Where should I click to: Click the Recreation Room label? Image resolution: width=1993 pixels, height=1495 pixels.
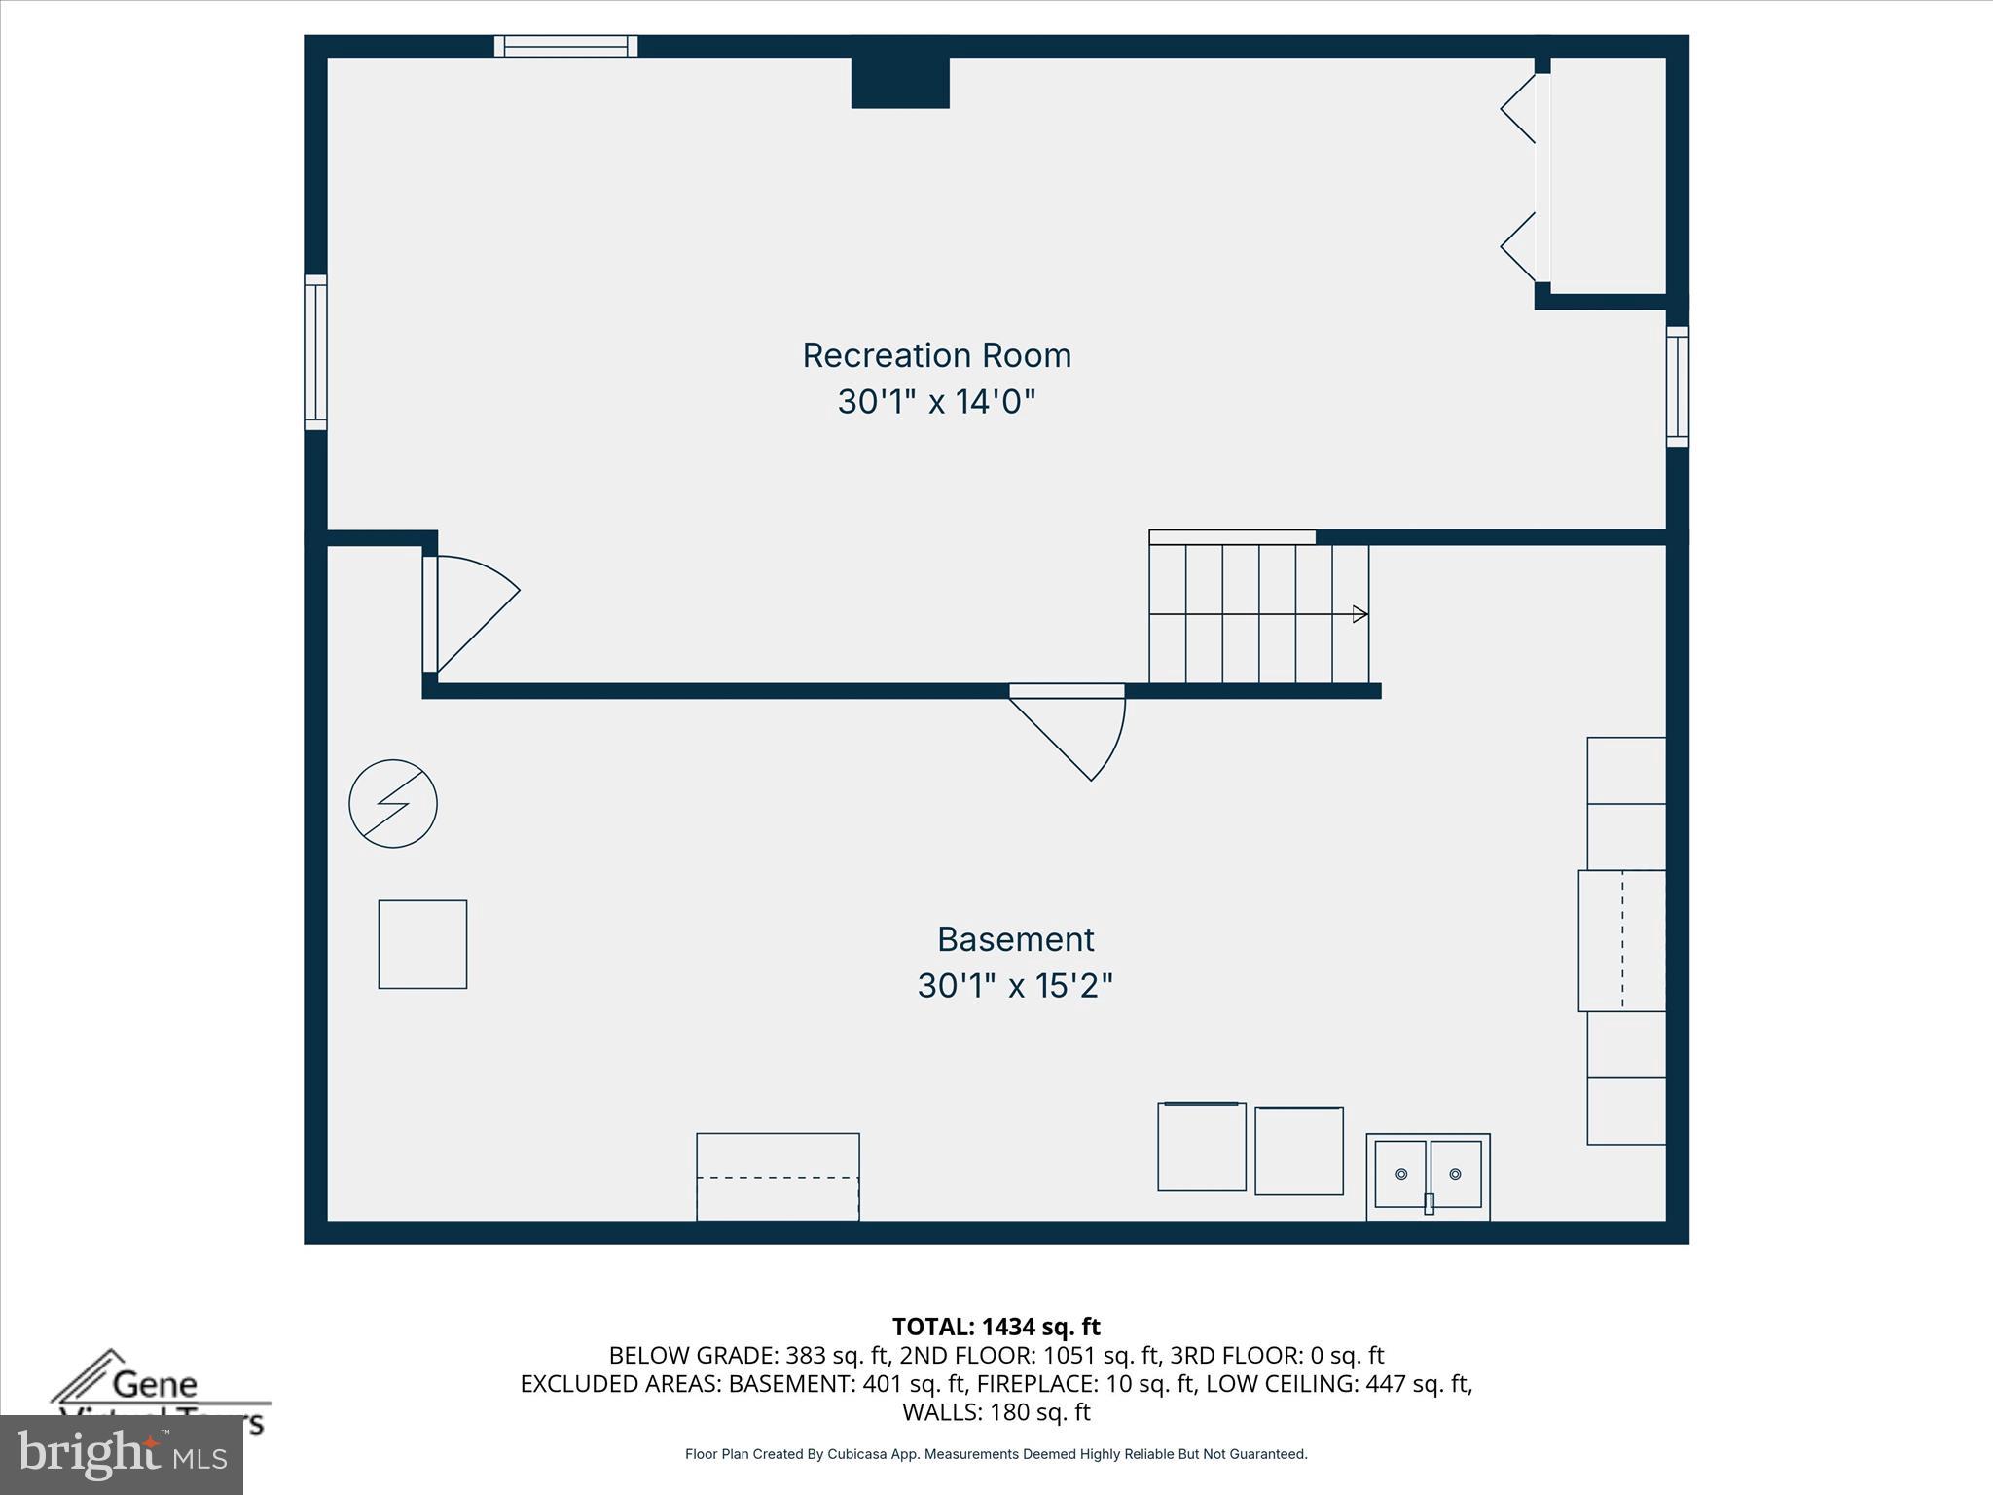coord(936,355)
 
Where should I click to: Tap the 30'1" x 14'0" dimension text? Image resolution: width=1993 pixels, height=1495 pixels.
coord(936,401)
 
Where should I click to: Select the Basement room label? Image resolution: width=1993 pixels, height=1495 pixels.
coord(1015,939)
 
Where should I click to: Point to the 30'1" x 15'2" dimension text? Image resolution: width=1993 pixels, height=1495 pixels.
coord(1015,986)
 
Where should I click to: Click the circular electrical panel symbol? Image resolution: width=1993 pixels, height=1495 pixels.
coord(393,803)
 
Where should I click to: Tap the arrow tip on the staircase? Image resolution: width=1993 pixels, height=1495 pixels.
coord(1361,614)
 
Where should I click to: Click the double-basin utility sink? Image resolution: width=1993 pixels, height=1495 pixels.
coord(1428,1176)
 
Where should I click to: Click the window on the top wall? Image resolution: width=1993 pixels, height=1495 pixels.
coord(565,47)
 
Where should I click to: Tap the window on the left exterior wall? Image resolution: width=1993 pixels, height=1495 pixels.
coord(315,352)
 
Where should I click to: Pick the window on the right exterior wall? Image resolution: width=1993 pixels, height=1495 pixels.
coord(1677,386)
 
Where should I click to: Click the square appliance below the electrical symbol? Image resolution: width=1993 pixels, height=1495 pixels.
coord(422,944)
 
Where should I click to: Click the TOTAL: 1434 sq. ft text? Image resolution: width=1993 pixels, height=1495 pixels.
coord(996,1327)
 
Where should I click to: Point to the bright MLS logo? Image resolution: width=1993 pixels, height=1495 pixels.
coord(121,1455)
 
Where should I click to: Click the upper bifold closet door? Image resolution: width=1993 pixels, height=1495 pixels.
coord(1518,109)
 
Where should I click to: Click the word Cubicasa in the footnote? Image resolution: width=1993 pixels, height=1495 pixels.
coord(859,1454)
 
